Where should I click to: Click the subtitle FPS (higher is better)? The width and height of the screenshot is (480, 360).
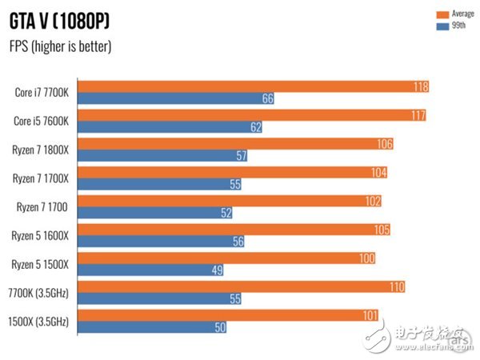(x=60, y=46)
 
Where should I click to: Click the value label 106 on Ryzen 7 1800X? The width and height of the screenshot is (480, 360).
(x=385, y=144)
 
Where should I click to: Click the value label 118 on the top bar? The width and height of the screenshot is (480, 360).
(x=420, y=86)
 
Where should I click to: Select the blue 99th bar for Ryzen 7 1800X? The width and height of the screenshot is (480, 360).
(x=163, y=156)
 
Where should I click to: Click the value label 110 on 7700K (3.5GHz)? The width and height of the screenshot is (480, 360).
(x=396, y=286)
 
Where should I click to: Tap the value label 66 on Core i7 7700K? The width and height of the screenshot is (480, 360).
(x=267, y=98)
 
